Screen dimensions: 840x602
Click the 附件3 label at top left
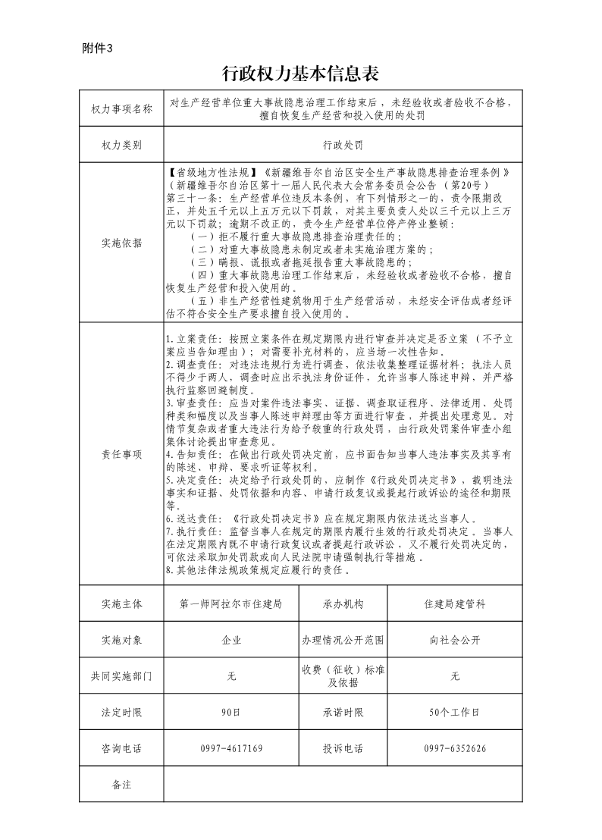[x=96, y=49]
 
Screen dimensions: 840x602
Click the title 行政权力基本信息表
[x=300, y=74]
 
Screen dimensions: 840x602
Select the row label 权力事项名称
[x=121, y=109]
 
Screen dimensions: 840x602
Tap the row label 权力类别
[x=121, y=144]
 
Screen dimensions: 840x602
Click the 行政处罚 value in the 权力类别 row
[x=343, y=144]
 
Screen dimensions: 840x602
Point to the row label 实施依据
[x=121, y=243]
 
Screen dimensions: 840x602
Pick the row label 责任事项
[x=121, y=454]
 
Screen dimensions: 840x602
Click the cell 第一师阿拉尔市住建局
[x=231, y=604]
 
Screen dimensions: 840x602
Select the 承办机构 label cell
[x=343, y=604]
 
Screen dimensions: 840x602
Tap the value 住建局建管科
[x=455, y=604]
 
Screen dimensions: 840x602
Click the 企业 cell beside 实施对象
[x=231, y=640]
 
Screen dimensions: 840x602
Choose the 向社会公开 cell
[x=455, y=640]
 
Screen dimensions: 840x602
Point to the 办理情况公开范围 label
[x=343, y=640]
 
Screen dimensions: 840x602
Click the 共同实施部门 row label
[x=121, y=676]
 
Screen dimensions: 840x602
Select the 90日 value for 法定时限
[x=231, y=713]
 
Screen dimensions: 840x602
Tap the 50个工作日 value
[x=455, y=713]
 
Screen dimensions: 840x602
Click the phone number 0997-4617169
[x=231, y=749]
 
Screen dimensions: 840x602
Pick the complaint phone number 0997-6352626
[x=455, y=749]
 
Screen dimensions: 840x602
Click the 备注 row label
[x=121, y=785]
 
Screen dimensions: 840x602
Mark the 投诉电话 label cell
[x=343, y=749]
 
